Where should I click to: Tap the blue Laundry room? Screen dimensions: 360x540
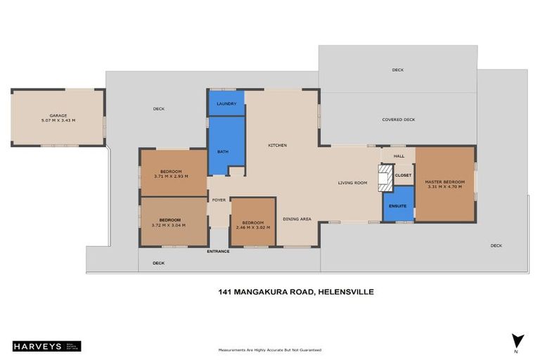[x=226, y=103]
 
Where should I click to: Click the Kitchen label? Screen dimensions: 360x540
[x=277, y=146]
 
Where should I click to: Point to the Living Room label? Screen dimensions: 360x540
[x=352, y=183]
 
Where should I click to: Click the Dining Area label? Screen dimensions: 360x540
[x=297, y=219]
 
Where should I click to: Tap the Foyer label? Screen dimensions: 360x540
[x=219, y=200]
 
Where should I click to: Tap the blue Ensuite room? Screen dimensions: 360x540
[x=397, y=206]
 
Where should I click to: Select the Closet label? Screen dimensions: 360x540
[x=403, y=175]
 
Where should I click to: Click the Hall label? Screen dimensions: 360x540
[x=399, y=156]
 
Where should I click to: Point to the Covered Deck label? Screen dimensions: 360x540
[x=398, y=120]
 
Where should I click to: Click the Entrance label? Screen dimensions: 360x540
[x=217, y=251]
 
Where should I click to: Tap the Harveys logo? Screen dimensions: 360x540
[x=46, y=346]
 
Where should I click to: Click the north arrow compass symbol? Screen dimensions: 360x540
[x=517, y=342]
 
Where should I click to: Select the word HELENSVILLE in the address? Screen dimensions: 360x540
[x=345, y=291]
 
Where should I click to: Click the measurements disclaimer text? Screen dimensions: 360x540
[x=270, y=349]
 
